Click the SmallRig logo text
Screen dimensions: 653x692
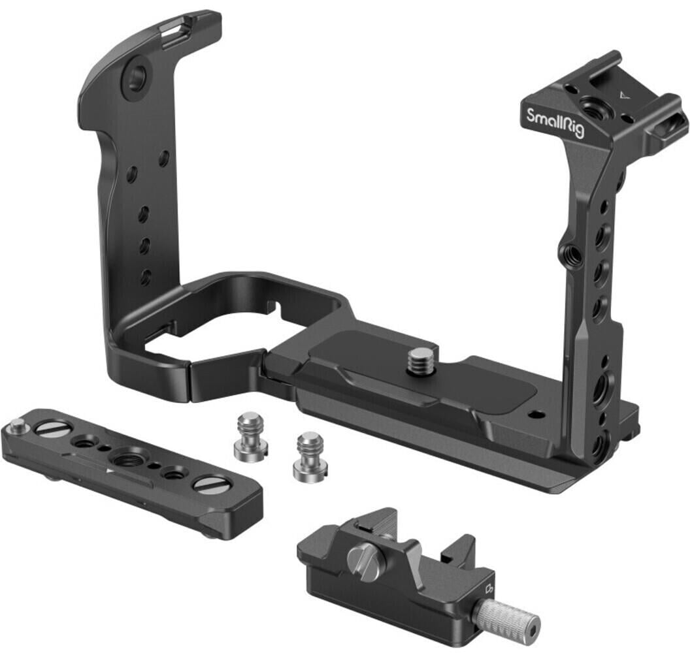(x=555, y=123)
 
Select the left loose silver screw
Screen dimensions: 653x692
(x=251, y=434)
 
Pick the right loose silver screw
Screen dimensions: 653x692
(x=308, y=454)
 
